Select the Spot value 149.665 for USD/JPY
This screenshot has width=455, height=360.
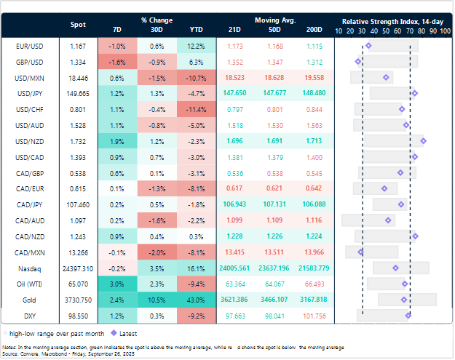tap(77, 92)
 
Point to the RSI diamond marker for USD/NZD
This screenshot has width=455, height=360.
tap(423, 140)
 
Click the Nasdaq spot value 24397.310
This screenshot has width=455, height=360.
tap(77, 268)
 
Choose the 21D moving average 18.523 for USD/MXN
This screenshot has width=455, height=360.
tap(234, 76)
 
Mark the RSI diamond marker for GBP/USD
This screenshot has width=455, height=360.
tap(358, 61)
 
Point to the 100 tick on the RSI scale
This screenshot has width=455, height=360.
tap(444, 32)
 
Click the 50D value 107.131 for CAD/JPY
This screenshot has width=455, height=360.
tap(274, 204)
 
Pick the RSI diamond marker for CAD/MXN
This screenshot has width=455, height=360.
tap(360, 252)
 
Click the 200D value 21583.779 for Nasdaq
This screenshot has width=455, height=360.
tap(314, 268)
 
